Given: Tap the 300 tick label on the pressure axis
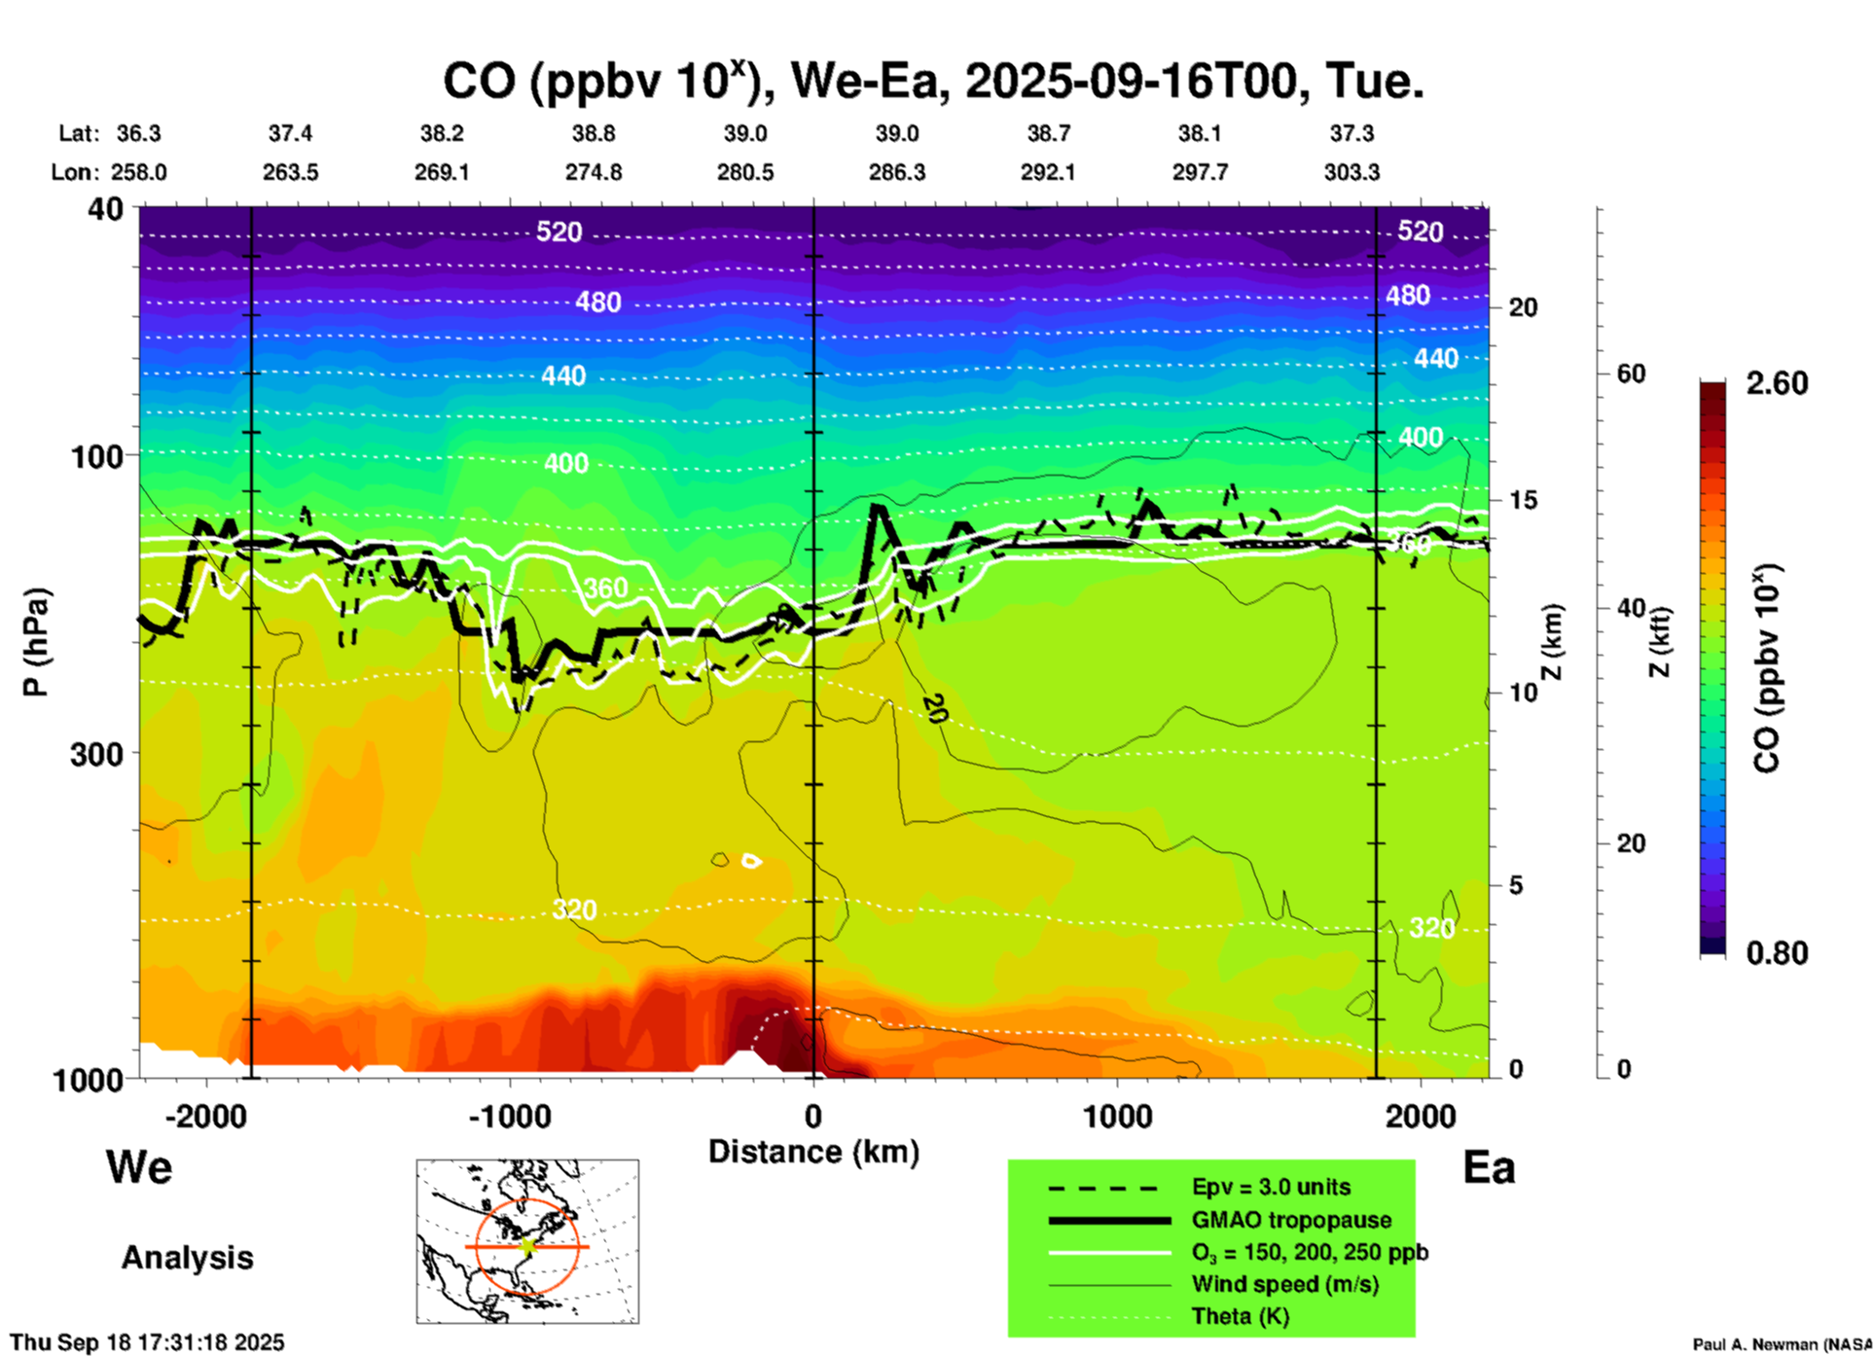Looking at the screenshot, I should pos(97,754).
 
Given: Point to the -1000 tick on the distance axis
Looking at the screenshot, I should pos(509,1116).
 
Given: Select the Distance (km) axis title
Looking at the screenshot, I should pos(813,1152).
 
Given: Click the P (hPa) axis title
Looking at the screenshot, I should pos(36,642).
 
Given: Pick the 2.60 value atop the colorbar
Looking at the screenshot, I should pos(1777,383).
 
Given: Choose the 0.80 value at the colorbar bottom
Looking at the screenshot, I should pos(1777,952).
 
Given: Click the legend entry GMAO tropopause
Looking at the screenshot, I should pos(1291,1220).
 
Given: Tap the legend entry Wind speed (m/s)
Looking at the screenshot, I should pos(1284,1284).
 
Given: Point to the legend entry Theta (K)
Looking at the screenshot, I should pos(1240,1316).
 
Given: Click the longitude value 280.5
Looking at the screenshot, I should pos(745,172).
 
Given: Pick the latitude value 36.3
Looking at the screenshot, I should pos(139,133).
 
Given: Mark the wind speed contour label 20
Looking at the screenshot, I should pos(934,709).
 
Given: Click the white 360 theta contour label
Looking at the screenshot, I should pos(605,589).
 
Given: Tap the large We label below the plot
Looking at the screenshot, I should pos(139,1166).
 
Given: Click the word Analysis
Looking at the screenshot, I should pos(187,1258).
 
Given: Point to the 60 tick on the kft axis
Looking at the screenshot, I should pos(1631,374).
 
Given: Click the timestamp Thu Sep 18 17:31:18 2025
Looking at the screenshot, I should pos(147,1342).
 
